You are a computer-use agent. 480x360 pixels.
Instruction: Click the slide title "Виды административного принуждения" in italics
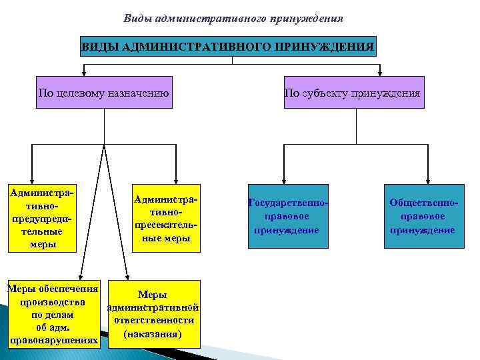coord(233,18)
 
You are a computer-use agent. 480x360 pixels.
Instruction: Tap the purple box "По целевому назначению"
coord(104,93)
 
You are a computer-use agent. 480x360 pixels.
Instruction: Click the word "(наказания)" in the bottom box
coord(153,333)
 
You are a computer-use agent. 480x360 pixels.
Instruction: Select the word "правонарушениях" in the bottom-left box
coord(53,341)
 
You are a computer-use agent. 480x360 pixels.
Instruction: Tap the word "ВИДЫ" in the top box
coord(97,47)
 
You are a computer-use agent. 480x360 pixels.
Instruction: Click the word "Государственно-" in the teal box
coord(288,201)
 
